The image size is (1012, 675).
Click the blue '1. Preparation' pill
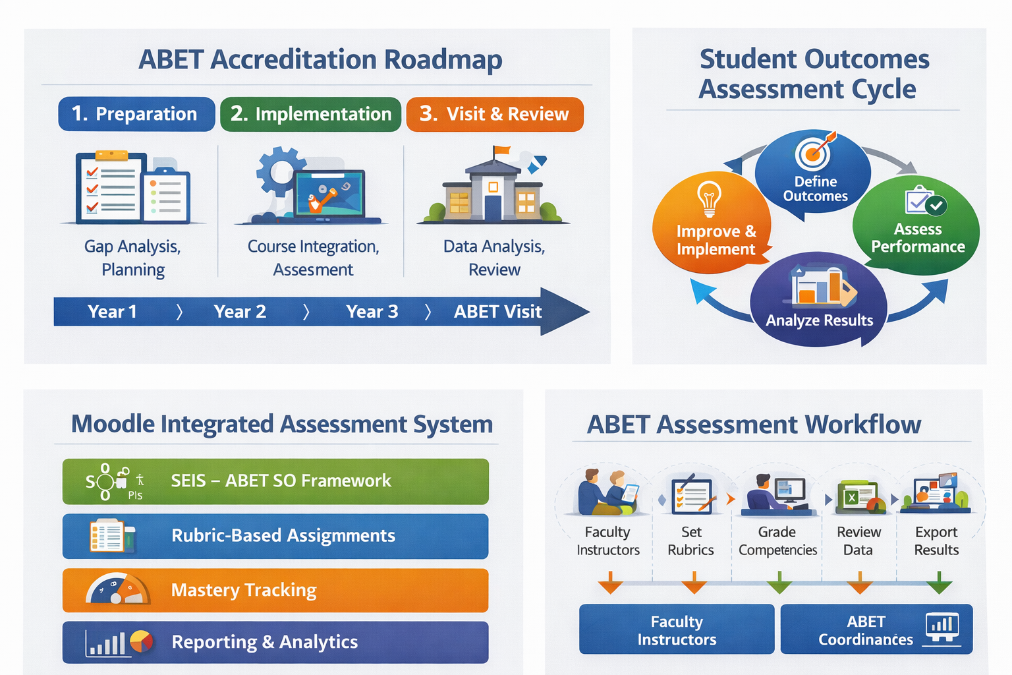[136, 114]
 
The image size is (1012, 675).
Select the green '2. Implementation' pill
[311, 114]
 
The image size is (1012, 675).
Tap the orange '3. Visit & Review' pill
[495, 114]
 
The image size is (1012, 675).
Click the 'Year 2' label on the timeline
[240, 312]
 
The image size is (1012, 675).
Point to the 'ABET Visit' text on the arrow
[497, 312]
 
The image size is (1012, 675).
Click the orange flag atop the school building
[501, 151]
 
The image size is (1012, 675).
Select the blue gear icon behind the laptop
[279, 172]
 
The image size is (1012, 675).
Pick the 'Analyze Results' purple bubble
[819, 299]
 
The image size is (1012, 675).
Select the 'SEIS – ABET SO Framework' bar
[275, 481]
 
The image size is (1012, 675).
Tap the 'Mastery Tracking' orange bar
[275, 590]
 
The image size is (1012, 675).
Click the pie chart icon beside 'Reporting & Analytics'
[142, 641]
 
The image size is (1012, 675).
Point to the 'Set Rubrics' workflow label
[690, 541]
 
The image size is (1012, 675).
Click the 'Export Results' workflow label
[936, 541]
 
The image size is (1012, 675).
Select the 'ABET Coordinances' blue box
[876, 629]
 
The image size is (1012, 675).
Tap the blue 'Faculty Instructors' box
[677, 629]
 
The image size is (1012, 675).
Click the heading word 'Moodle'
[113, 424]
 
